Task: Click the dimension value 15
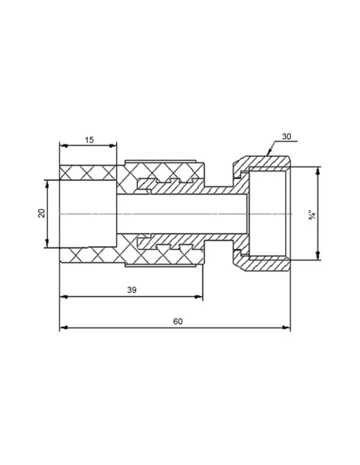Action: pos(89,139)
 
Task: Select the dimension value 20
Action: pos(41,213)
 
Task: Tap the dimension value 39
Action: pos(131,290)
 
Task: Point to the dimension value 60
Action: pos(178,322)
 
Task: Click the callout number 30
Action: pos(287,137)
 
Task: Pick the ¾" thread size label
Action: pos(312,215)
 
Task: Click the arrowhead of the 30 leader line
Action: pos(268,153)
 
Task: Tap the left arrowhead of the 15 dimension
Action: pos(64,146)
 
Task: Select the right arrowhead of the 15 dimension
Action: pos(112,146)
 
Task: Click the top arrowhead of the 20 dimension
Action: pos(47,184)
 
